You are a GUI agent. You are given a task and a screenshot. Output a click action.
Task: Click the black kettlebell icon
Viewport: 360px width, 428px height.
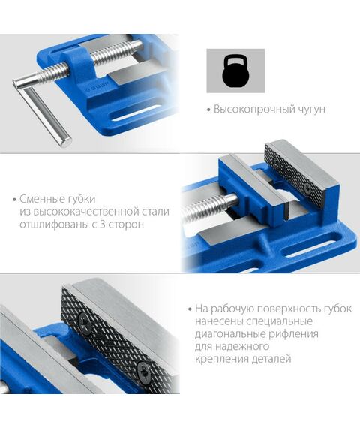pos(235,71)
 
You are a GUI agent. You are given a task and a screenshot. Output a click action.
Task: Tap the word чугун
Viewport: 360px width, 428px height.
pos(310,110)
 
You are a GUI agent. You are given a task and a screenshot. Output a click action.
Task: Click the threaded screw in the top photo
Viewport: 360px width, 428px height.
pos(112,56)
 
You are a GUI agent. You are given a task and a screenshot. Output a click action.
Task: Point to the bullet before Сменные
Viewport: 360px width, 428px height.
pos(14,200)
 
